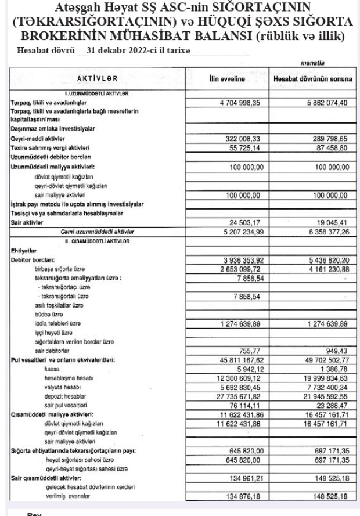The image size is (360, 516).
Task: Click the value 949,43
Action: point(337,351)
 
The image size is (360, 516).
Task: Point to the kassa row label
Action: point(52,369)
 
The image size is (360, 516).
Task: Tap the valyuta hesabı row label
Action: point(62,387)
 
